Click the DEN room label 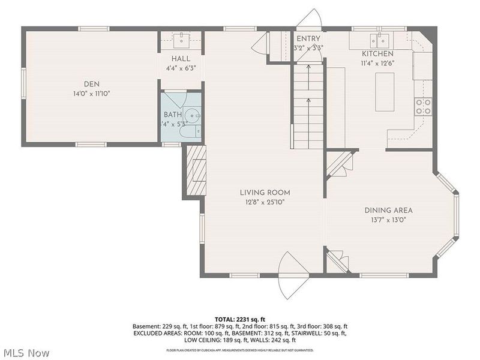coord(92,83)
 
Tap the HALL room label coord(181,58)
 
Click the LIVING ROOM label coord(265,193)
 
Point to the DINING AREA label coord(388,210)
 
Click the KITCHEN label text coord(377,53)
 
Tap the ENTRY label coord(308,38)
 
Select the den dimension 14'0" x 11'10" coord(92,94)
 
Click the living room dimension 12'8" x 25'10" coord(265,202)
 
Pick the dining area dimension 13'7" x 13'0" coord(388,220)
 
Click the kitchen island coord(385,91)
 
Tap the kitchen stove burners coord(423,106)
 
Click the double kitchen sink coord(379,40)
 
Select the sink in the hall coord(181,41)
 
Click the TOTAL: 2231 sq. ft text coord(239,319)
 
